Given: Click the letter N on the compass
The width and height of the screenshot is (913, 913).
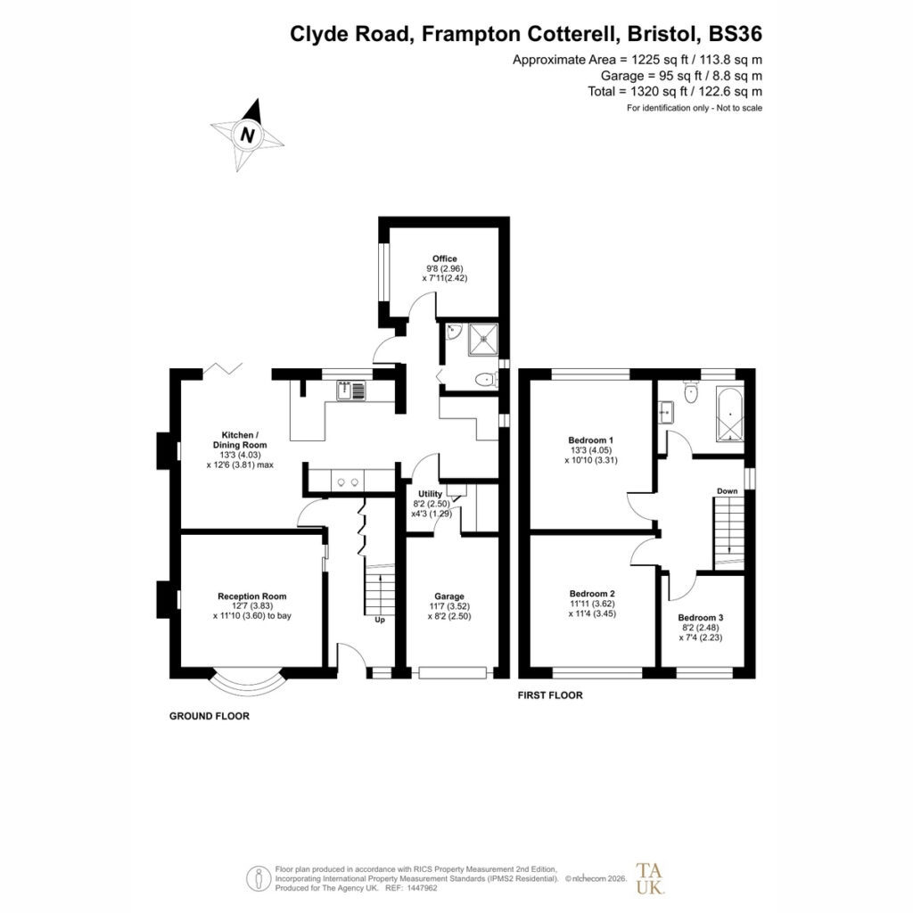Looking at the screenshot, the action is [248, 136].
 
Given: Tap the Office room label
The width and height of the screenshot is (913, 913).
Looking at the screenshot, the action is [444, 259].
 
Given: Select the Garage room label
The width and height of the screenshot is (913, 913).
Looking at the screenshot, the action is [449, 596].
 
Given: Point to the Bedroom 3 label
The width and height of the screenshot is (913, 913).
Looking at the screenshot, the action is [701, 618].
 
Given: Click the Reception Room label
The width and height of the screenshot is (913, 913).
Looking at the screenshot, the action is [252, 596].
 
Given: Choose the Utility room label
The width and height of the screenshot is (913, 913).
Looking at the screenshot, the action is [431, 494].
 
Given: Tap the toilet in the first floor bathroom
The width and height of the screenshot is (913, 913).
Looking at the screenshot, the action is [691, 392].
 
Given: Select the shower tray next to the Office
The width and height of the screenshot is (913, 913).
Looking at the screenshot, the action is [483, 340].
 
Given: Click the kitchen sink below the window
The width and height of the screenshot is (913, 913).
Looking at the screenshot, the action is [351, 391].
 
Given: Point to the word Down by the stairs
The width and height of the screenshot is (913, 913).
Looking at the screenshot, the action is [727, 491].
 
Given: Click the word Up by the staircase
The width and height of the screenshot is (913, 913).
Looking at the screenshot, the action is [380, 621].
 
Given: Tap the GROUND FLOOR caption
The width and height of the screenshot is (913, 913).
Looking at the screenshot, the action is [209, 716].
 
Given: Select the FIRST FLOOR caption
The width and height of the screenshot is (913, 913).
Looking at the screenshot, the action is [550, 695].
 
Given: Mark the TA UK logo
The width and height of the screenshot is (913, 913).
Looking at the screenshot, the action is [650, 878].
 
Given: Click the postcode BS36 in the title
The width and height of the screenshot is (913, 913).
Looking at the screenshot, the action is [735, 34].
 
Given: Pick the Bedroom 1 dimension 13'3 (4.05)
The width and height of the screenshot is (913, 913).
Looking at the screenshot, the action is [591, 450].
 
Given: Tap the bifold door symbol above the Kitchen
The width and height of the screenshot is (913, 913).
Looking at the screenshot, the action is [222, 368].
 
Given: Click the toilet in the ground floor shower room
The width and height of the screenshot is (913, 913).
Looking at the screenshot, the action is [485, 380].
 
